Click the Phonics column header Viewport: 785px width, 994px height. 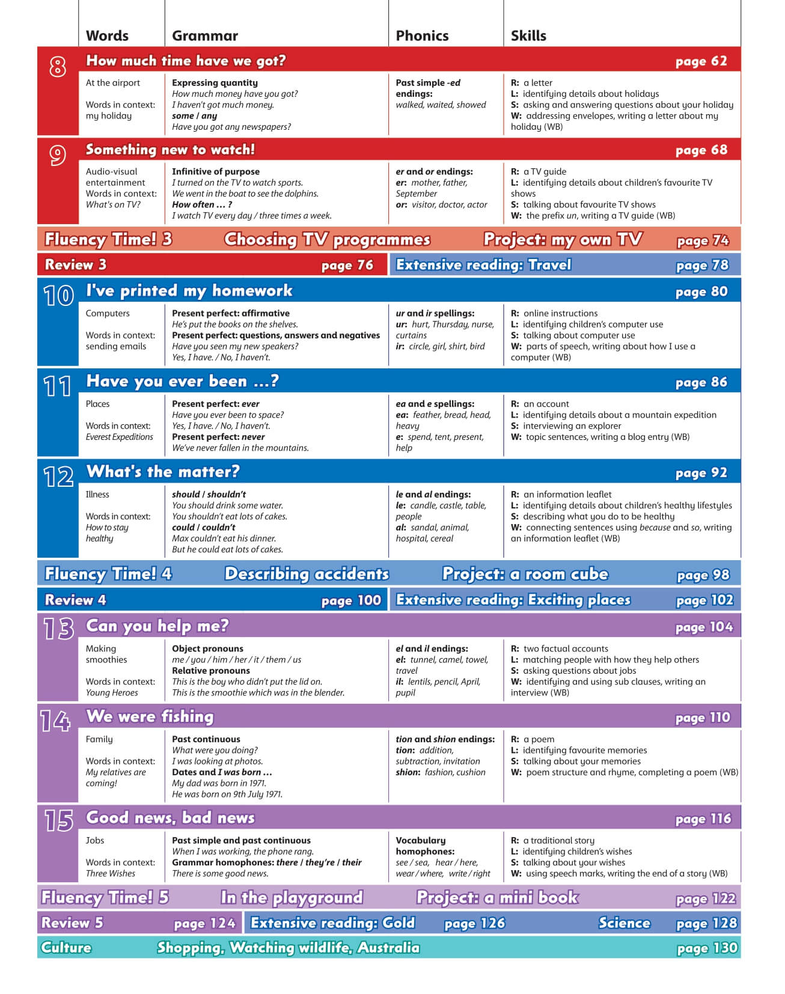click(x=422, y=35)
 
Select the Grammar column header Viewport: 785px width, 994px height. click(x=205, y=35)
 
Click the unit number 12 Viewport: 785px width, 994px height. click(x=58, y=477)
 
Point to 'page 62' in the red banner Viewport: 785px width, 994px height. click(x=701, y=61)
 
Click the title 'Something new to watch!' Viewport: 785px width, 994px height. click(x=170, y=150)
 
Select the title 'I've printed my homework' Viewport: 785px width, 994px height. click(x=189, y=291)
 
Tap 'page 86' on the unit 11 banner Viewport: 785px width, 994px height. click(x=701, y=382)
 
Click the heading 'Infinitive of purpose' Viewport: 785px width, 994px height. click(x=216, y=171)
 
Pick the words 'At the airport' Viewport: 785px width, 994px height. click(x=113, y=83)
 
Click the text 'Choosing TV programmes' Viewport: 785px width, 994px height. click(x=327, y=239)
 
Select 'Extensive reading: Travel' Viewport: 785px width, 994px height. click(x=483, y=265)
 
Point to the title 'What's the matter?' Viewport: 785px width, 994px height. click(x=163, y=472)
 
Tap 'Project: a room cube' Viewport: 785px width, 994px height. click(x=525, y=574)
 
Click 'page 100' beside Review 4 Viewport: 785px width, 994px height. click(x=351, y=600)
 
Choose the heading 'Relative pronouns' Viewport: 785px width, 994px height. click(x=211, y=671)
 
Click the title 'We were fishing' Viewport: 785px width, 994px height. click(x=150, y=716)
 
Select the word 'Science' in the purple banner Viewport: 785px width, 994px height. click(x=624, y=923)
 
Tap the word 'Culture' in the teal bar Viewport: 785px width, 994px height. click(x=66, y=948)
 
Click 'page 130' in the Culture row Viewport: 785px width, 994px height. click(x=706, y=948)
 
